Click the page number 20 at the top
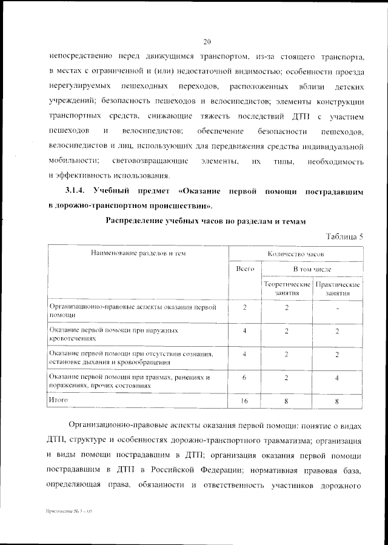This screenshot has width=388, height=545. pos(207,42)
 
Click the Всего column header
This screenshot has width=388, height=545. pos(244,267)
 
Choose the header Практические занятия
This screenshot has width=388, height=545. pos(338,288)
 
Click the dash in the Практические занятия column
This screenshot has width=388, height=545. pos(338,309)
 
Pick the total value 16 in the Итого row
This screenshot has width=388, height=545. pos(244,401)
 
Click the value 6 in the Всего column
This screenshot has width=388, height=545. pos(244,377)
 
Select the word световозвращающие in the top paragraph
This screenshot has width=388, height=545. pos(147,162)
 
